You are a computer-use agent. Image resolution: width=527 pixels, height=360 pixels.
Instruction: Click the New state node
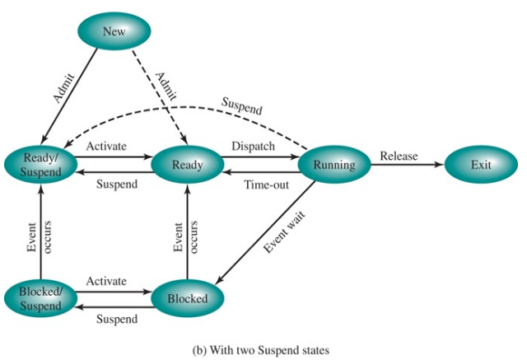tap(114, 32)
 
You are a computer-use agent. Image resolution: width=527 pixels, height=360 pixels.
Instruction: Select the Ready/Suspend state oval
tap(40, 165)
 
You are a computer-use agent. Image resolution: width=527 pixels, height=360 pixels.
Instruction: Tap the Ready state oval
tap(188, 165)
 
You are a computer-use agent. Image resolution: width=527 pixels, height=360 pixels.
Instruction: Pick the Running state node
tap(333, 165)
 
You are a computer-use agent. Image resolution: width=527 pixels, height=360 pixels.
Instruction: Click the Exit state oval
tap(482, 165)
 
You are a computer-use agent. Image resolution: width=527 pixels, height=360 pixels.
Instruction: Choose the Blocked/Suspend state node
tap(40, 298)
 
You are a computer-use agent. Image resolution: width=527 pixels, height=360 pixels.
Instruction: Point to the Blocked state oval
tap(188, 298)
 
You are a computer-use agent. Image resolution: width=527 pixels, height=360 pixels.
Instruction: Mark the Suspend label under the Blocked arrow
tap(117, 318)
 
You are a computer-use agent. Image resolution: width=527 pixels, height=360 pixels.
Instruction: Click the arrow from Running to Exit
tap(407, 165)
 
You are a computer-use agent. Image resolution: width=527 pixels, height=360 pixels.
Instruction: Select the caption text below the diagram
tap(263, 349)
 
